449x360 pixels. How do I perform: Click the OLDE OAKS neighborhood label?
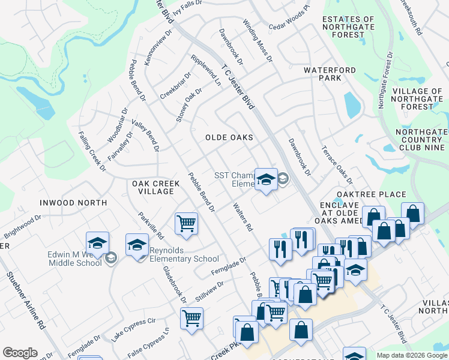point(229,137)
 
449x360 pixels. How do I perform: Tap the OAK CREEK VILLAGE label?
point(152,187)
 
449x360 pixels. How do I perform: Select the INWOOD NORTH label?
point(73,203)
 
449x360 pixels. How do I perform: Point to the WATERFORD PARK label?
point(330,74)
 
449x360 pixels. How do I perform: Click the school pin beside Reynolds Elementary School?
point(137,244)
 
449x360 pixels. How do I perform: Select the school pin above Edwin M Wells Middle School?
point(97,242)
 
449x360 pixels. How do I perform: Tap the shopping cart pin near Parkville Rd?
point(187,223)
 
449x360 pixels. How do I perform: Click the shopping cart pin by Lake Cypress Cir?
point(191,317)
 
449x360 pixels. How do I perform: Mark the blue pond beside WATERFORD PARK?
point(352,104)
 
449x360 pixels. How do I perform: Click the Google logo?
point(20,353)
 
